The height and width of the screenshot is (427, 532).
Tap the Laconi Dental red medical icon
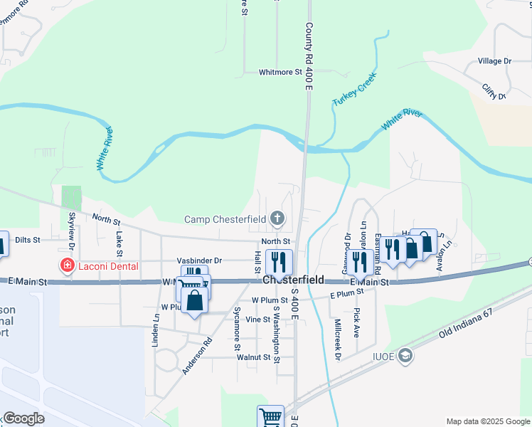pyautogui.click(x=68, y=265)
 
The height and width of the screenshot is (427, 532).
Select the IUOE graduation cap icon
pyautogui.click(x=405, y=355)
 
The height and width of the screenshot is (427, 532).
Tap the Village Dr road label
pyautogui.click(x=495, y=61)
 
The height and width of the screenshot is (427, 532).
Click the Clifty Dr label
pyautogui.click(x=493, y=91)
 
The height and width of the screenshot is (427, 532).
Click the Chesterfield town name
pyautogui.click(x=293, y=280)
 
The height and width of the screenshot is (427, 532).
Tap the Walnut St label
pyautogui.click(x=259, y=357)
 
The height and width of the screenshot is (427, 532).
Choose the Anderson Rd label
pyautogui.click(x=197, y=355)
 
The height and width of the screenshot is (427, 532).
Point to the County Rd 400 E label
pyautogui.click(x=309, y=47)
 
